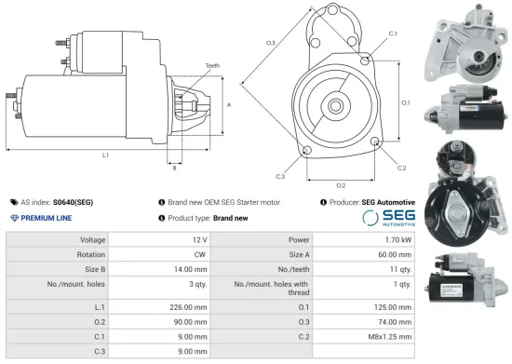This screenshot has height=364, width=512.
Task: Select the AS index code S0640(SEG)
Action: tap(73, 201)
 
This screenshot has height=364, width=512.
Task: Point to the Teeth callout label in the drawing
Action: tap(213, 65)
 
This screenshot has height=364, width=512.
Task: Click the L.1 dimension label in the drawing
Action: tap(105, 155)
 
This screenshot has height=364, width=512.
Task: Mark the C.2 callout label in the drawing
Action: tap(401, 168)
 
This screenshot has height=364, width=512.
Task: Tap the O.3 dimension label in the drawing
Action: tap(270, 43)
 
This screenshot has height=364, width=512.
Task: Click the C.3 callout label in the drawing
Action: tap(280, 175)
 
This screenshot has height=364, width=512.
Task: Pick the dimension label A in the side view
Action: tap(229, 105)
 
